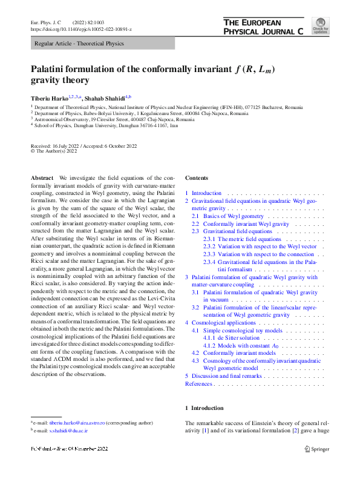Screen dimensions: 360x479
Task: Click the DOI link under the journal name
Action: [80, 29]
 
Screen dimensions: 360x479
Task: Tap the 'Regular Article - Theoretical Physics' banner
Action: [79, 44]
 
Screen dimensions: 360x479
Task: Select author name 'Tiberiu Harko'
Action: [49, 98]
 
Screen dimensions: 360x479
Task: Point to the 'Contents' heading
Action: [197, 178]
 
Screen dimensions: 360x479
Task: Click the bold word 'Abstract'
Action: [42, 177]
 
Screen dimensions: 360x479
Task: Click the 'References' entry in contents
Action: [198, 384]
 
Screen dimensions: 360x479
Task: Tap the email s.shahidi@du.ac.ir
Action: [69, 431]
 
